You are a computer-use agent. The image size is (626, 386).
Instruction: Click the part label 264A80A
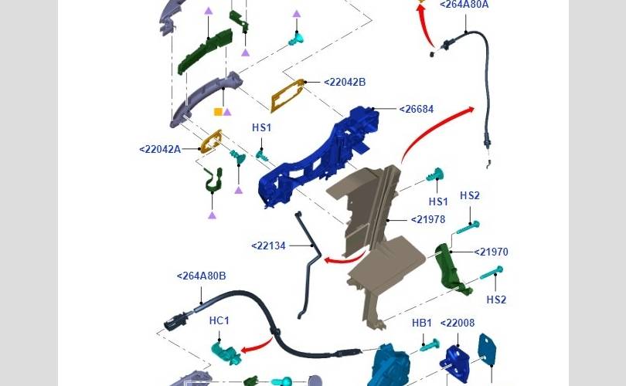click(464, 5)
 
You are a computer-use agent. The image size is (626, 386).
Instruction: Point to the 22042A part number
click(160, 149)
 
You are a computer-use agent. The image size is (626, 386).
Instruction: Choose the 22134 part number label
click(269, 246)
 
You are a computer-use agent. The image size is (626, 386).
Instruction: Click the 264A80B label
click(201, 276)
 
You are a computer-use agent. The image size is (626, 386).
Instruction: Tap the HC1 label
click(219, 320)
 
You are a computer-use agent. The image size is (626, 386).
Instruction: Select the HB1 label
click(422, 323)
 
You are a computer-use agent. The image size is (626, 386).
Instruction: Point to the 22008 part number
click(458, 323)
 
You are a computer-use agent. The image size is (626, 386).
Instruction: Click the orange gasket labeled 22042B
click(287, 95)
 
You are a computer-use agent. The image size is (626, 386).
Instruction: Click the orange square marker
click(218, 112)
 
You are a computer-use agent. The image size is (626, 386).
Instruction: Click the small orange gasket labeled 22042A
click(210, 141)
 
